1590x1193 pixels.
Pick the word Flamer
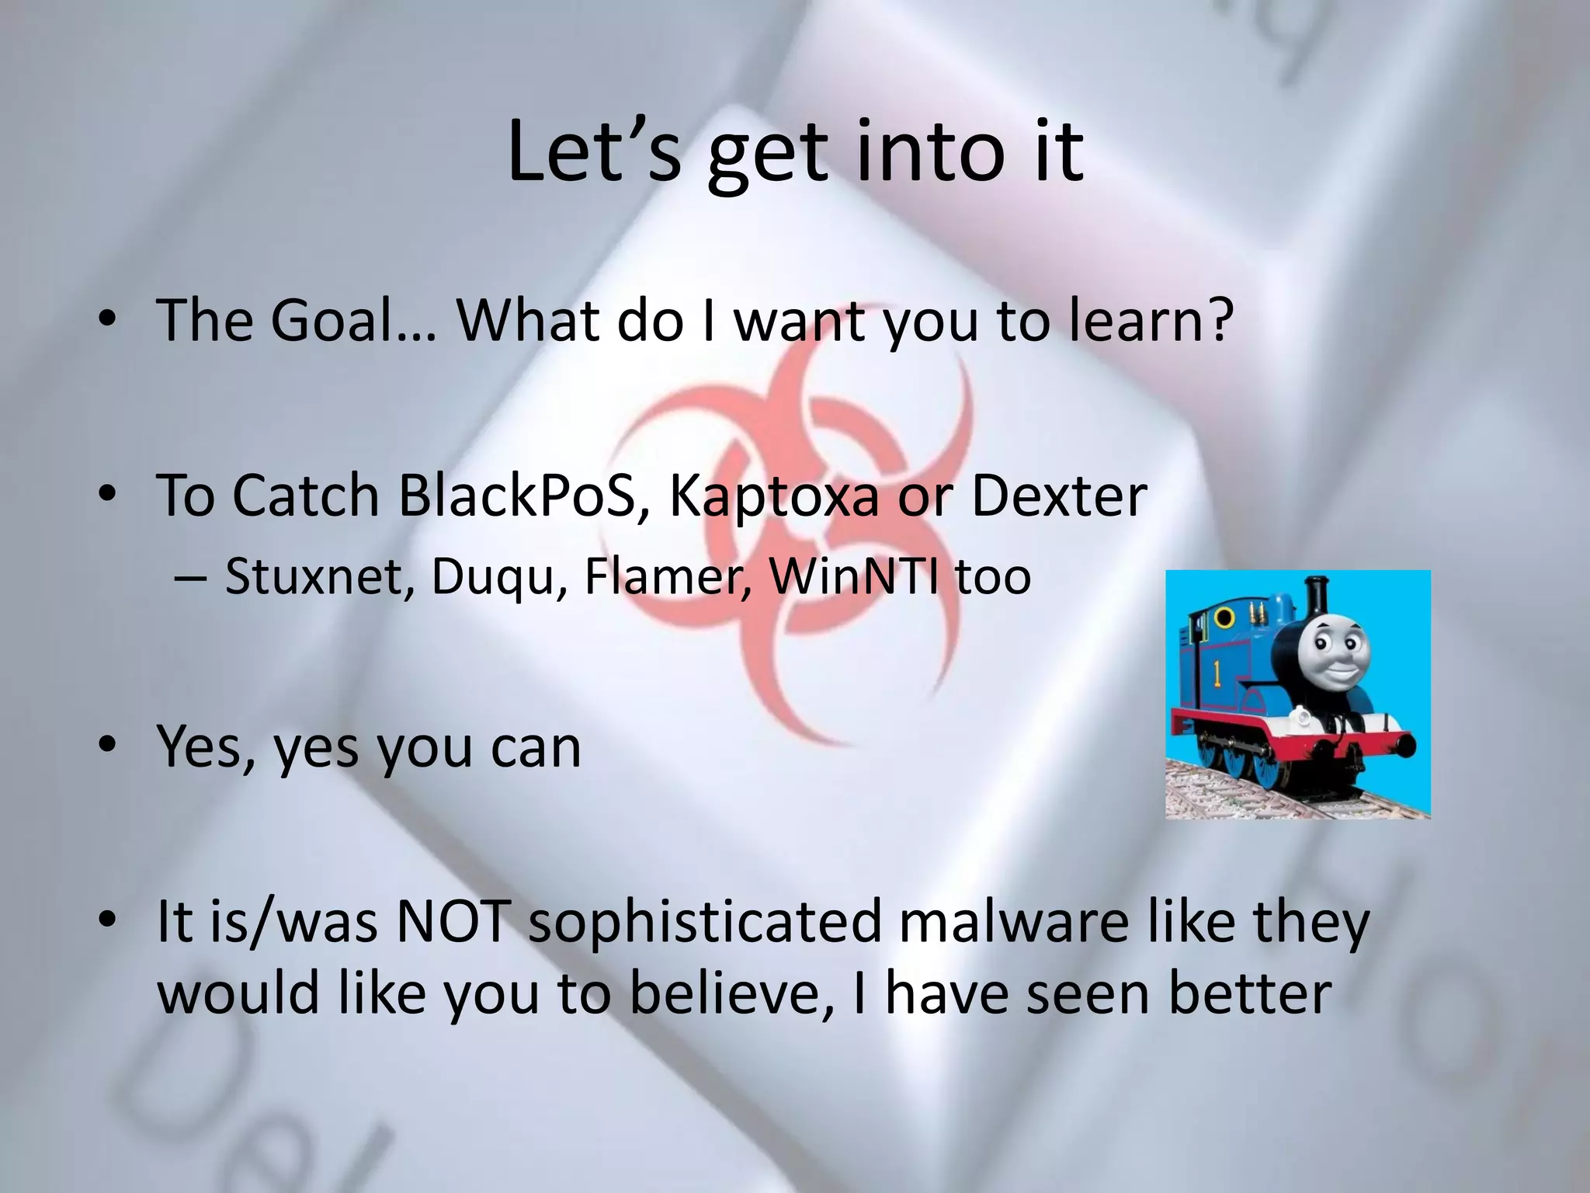668,576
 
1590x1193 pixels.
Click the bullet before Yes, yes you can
109,746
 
